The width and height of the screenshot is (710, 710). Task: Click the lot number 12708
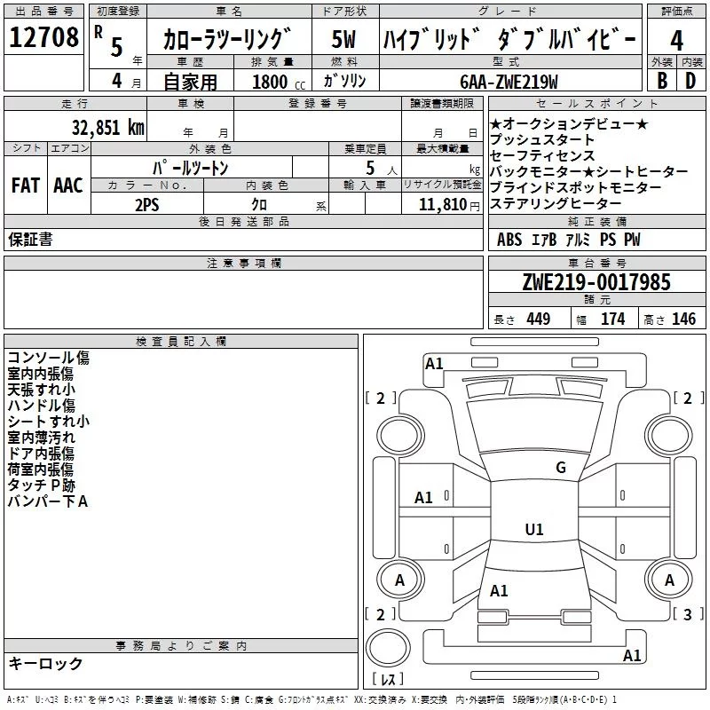43,37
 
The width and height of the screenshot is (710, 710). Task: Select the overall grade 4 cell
676,40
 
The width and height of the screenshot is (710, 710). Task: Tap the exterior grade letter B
662,81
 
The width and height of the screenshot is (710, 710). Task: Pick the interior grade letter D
690,81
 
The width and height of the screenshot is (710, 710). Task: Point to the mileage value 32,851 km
108,128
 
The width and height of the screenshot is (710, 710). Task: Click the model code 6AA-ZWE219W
509,82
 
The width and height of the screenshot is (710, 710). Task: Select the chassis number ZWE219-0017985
596,282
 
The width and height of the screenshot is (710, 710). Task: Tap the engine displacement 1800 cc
279,82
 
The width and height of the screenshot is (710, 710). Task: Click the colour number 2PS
147,205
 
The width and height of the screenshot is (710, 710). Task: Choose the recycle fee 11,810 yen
449,205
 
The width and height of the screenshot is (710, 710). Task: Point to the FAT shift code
26,185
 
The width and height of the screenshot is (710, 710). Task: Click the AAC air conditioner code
68,185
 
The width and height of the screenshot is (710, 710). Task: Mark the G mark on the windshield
561,467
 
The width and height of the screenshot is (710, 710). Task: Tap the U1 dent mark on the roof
534,529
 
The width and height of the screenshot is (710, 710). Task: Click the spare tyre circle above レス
388,648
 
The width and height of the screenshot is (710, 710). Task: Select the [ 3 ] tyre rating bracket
688,614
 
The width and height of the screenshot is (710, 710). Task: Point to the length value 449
538,319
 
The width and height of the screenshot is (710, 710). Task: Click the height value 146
683,319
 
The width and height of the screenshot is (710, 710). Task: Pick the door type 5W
343,39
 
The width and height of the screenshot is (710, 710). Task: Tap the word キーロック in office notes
46,663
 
